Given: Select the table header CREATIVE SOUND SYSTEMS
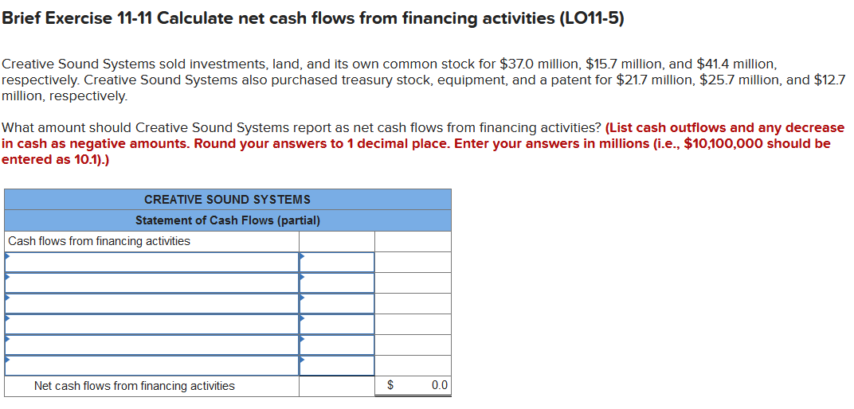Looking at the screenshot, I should coord(227,199).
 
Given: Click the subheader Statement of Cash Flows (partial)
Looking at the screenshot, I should coord(227,220).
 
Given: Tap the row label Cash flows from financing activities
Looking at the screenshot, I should coord(100,241).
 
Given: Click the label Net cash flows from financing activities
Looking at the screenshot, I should coord(134,386).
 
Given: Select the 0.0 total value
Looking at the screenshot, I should coord(439,386).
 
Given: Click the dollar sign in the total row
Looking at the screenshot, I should coord(391,386).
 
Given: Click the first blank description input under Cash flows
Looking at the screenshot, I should coord(151,262).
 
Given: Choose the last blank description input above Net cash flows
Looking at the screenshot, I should coord(151,365).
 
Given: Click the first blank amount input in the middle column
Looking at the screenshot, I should coord(337,262).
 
